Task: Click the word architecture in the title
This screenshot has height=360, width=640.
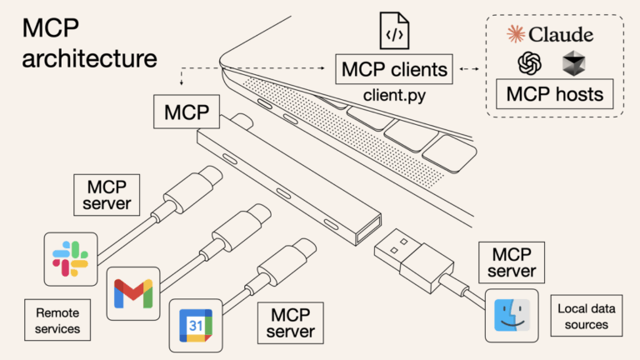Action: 89,59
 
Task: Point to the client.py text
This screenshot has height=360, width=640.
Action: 394,94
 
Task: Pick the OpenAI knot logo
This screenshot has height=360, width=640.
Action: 528,63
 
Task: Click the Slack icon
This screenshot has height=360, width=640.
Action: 71,257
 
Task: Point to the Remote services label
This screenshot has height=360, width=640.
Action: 58,321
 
